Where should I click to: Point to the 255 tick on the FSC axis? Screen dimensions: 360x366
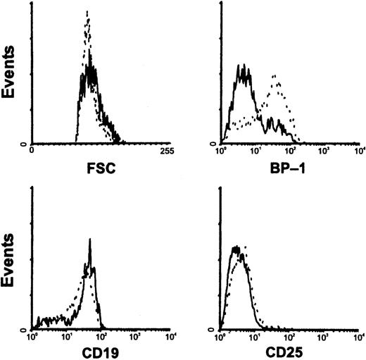click(168, 151)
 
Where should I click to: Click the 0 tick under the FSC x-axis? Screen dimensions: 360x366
click(32, 151)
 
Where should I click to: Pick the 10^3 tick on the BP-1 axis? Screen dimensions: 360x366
click(324, 151)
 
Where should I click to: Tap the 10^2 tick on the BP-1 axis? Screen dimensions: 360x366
click(290, 151)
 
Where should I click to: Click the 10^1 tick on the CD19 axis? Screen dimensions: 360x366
click(66, 336)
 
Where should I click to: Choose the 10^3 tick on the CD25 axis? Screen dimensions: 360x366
click(324, 336)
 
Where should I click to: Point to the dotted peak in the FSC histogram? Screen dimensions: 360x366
click(87, 12)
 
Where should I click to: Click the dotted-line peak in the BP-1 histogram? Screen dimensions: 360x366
click(274, 75)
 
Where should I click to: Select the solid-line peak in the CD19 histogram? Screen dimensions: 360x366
click(90, 240)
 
